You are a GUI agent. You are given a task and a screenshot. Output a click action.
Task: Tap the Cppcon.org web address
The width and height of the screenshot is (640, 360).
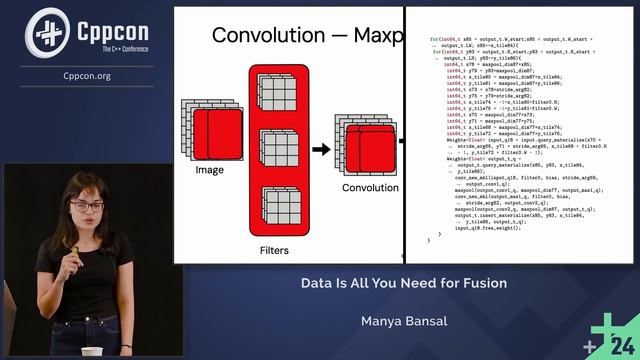pyautogui.click(x=87, y=75)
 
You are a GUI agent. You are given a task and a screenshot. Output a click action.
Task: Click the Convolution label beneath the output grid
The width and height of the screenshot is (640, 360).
pyautogui.click(x=369, y=187)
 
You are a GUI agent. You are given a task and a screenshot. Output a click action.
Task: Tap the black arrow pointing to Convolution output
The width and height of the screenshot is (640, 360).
pyautogui.click(x=321, y=149)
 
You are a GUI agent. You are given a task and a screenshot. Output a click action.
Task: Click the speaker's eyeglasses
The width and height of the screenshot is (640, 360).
pyautogui.click(x=88, y=207)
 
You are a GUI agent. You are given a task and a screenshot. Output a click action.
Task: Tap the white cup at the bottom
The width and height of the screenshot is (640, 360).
pyautogui.click(x=92, y=352)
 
